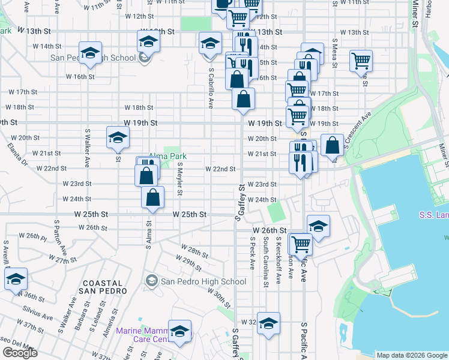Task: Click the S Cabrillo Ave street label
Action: tap(211, 87)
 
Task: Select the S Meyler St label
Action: tap(179, 177)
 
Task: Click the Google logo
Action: tap(20, 353)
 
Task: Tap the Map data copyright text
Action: tap(412, 355)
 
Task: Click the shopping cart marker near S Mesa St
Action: tap(361, 60)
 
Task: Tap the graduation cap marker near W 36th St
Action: tap(16, 278)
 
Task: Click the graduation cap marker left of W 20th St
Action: tap(118, 137)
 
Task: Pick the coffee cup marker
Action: tap(223, 3)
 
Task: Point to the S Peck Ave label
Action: tap(253, 253)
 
